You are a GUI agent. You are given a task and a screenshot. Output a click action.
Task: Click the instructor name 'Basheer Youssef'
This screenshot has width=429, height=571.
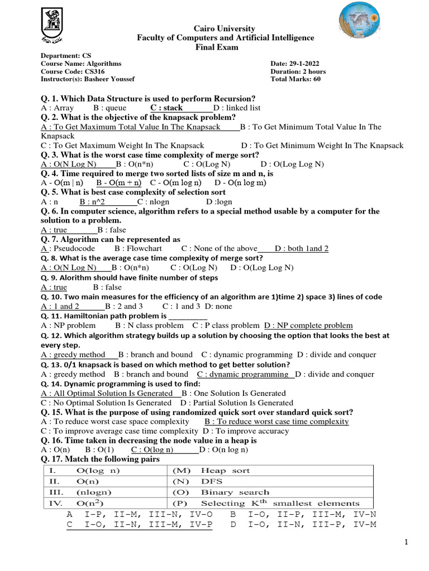tap(107, 79)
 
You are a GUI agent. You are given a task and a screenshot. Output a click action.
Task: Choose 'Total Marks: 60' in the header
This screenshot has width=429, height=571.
tap(295, 79)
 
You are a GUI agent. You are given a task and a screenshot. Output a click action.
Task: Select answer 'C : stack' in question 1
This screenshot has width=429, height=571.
tap(166, 108)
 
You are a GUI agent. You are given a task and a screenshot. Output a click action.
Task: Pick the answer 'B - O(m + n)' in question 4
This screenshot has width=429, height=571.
tap(118, 182)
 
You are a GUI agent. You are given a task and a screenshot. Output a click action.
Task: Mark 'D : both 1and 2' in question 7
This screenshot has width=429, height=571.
tap(302, 248)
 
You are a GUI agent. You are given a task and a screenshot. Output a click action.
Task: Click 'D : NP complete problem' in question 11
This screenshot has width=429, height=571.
tap(308, 325)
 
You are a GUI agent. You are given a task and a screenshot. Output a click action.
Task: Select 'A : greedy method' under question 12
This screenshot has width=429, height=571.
tap(73, 354)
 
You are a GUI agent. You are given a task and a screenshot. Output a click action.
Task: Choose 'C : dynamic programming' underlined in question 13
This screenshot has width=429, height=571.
tap(242, 374)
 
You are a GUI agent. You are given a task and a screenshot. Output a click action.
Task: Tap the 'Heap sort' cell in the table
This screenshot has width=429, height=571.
tap(225, 471)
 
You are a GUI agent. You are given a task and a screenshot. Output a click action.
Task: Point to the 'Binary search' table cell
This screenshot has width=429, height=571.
tap(235, 492)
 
